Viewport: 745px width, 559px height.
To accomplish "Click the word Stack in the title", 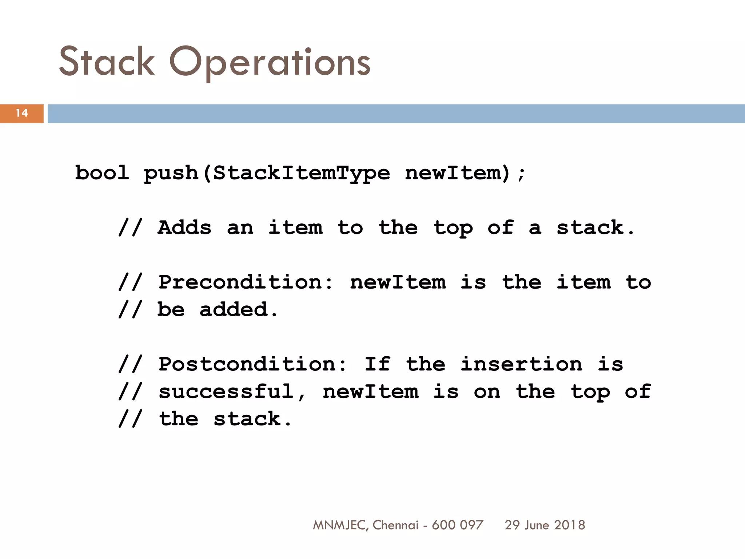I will (107, 62).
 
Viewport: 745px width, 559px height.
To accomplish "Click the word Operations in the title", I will (270, 63).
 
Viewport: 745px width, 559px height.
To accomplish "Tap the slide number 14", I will (22, 113).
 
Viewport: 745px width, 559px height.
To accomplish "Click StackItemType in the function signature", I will (301, 173).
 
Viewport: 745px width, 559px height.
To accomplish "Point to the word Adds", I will (184, 228).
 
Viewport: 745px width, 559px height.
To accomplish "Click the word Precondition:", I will (246, 282).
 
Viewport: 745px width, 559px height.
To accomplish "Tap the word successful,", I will (233, 392).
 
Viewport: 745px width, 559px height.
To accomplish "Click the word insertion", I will (521, 364).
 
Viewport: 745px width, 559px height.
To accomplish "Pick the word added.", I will (238, 310).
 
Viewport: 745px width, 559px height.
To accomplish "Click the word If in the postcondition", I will (378, 364).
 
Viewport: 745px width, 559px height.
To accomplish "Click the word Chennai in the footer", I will (396, 525).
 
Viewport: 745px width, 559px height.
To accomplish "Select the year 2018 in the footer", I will (570, 525).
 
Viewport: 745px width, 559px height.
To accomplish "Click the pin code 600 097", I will (457, 525).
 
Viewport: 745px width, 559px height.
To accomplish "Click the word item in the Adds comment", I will (295, 228).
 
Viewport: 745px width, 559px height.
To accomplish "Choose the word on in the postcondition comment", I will (487, 392).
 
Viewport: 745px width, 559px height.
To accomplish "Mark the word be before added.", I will (171, 310).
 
